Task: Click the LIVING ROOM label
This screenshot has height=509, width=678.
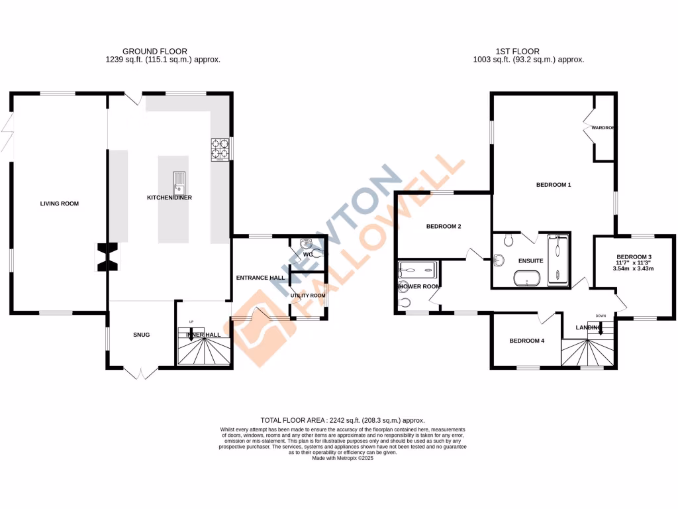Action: point(59,203)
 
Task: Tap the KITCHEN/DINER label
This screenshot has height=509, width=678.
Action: point(169,198)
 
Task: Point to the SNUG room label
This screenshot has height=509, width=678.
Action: point(140,335)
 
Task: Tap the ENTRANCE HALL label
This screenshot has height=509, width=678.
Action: point(260,278)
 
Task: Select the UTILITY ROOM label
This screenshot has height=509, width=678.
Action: point(308,295)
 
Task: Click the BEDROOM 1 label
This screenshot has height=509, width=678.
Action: point(553,185)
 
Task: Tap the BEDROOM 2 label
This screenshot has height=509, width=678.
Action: point(443,226)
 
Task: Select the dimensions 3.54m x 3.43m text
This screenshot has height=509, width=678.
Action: point(634,268)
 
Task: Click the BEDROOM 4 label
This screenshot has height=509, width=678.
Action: point(526,341)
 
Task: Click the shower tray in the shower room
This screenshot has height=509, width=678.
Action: point(418,270)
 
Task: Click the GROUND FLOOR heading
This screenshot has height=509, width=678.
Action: point(154,51)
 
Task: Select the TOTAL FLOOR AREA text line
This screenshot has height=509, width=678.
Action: point(342,420)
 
